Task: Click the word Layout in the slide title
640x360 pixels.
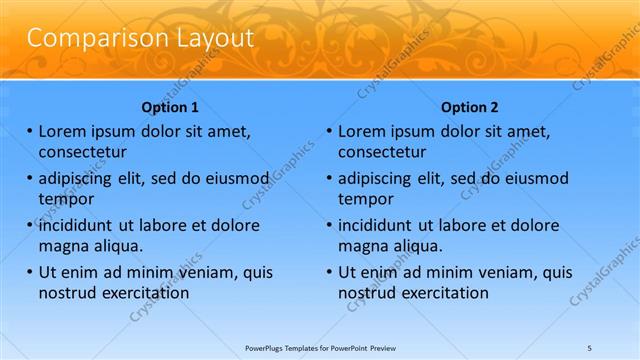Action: pyautogui.click(x=207, y=38)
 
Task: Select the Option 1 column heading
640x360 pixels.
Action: pyautogui.click(x=170, y=107)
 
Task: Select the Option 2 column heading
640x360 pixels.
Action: pyautogui.click(x=469, y=107)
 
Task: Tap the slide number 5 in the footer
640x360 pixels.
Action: pyautogui.click(x=589, y=347)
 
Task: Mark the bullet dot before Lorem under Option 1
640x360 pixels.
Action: pyautogui.click(x=30, y=131)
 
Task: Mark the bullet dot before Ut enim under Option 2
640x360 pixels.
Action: pyautogui.click(x=330, y=272)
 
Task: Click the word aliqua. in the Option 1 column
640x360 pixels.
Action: pyautogui.click(x=116, y=246)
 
